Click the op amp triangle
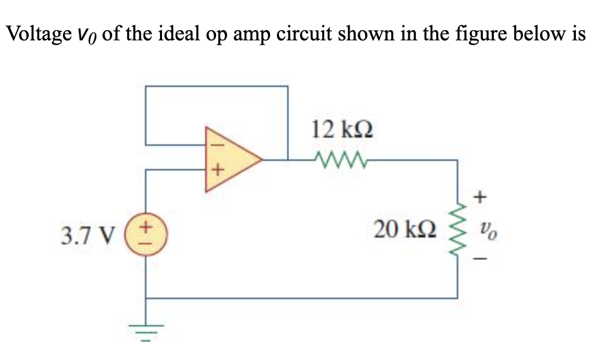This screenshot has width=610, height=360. (229, 157)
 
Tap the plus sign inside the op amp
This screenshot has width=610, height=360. (213, 171)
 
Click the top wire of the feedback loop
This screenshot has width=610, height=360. (216, 86)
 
